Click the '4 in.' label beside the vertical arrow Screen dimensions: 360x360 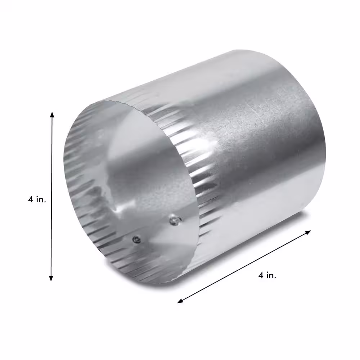click(37, 199)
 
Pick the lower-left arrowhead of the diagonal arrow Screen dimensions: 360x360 click(180, 301)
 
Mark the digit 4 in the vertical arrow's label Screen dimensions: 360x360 click(31, 199)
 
